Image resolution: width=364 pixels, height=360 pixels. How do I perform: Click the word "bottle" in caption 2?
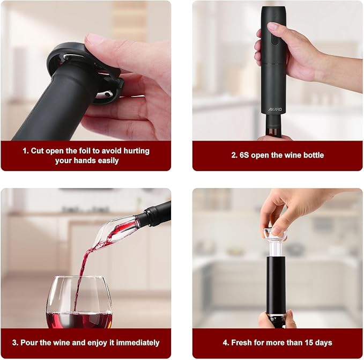[312, 156]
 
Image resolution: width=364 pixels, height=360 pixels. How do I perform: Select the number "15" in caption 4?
[307, 342]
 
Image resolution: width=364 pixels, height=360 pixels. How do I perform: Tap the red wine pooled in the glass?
[79, 320]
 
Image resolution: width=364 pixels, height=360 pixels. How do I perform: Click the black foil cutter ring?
[80, 59]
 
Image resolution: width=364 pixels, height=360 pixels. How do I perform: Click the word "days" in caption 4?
[322, 342]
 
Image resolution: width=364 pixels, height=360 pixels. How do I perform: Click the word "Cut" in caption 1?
[37, 151]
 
